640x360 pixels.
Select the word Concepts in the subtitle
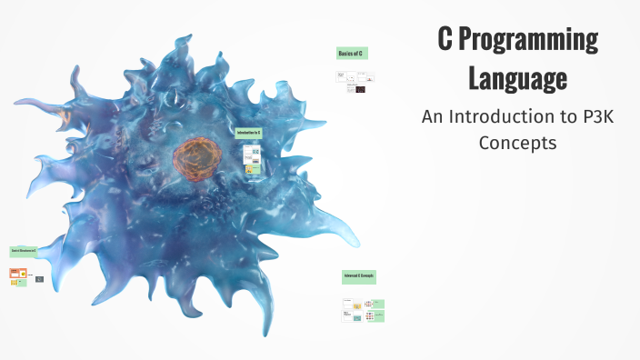pos(517,143)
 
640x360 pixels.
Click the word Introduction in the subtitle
pos(497,116)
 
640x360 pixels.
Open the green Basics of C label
pos(351,55)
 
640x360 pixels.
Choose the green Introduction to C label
pos(248,133)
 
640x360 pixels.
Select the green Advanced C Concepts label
pos(358,275)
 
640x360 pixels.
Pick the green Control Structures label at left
pos(24,251)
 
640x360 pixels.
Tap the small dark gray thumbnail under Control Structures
pos(39,279)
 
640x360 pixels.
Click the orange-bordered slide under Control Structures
pos(17,274)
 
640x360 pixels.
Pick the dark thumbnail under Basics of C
pos(360,89)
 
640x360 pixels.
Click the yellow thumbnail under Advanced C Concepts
pos(357,305)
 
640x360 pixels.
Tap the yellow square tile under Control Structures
pos(15,283)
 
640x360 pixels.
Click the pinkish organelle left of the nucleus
pos(65,116)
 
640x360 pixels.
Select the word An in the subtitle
pos(432,116)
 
